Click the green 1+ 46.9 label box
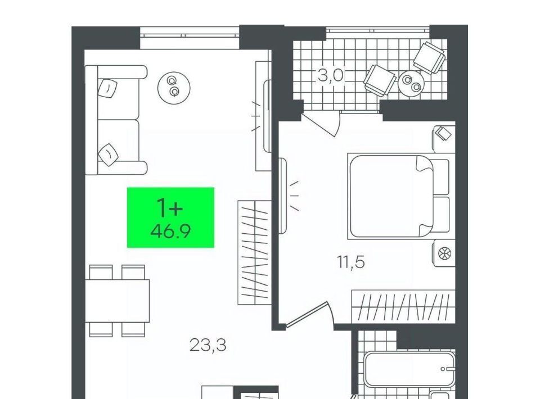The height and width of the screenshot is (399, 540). click(x=170, y=217)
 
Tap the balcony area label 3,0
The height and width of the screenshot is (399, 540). click(x=331, y=75)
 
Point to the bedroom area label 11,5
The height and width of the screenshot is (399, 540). click(x=350, y=262)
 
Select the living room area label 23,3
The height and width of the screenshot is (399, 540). click(x=208, y=345)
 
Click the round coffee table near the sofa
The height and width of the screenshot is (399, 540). click(x=174, y=86)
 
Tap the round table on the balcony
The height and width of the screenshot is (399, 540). click(x=412, y=83)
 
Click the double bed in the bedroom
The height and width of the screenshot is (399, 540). click(x=399, y=196)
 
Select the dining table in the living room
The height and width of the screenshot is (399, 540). click(x=118, y=301)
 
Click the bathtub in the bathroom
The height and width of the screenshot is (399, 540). click(x=409, y=369)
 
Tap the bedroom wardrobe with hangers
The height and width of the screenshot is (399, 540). click(x=403, y=306)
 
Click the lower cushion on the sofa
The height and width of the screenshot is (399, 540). click(x=108, y=155)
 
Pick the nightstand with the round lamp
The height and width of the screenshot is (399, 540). click(x=444, y=253)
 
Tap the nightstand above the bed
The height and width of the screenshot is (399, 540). click(x=444, y=139)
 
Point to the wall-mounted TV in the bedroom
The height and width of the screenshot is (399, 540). click(x=282, y=196)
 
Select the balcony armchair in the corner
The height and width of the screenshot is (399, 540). click(x=429, y=58)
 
